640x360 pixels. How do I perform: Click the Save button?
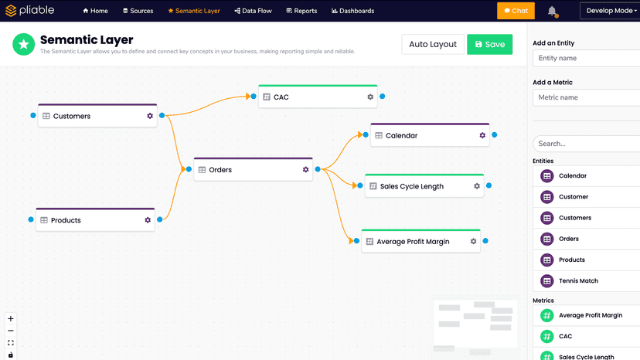click(x=489, y=45)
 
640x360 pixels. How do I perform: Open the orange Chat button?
click(x=516, y=11)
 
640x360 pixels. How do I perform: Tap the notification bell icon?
click(x=552, y=11)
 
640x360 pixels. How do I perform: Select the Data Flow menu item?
click(x=253, y=11)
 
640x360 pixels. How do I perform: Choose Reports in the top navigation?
click(x=301, y=11)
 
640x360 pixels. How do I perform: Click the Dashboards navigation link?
click(x=352, y=11)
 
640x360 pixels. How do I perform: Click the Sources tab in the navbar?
click(x=138, y=11)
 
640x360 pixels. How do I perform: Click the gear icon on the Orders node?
click(x=306, y=169)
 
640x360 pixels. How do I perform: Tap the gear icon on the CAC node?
click(x=370, y=97)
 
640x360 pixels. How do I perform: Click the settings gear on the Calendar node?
click(x=482, y=135)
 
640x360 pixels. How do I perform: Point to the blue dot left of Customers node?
click(x=33, y=116)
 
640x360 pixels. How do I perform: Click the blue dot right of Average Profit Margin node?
click(x=485, y=241)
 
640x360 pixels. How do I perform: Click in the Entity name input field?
click(x=586, y=58)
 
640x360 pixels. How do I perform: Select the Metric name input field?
click(x=586, y=97)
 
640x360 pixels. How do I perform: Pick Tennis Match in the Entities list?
click(x=578, y=281)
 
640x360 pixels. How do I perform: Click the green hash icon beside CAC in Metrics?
click(x=547, y=336)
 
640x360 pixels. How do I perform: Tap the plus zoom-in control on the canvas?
click(x=11, y=318)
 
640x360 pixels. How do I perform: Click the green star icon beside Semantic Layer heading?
click(x=24, y=44)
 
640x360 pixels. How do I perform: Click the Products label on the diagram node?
click(x=66, y=220)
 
